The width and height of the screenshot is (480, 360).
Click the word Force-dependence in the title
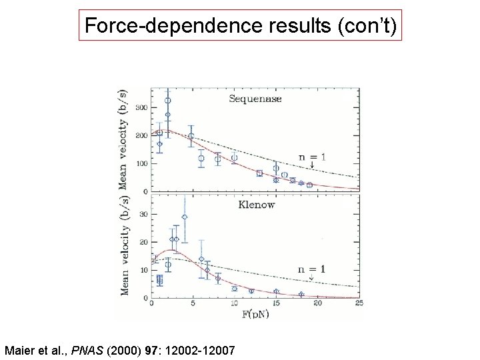[x=159, y=26]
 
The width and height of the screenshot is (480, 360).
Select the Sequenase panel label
[x=255, y=99]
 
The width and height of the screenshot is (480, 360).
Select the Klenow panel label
[x=256, y=205]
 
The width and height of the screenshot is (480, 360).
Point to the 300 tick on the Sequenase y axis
[x=141, y=107]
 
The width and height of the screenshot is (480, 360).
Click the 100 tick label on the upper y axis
[x=141, y=163]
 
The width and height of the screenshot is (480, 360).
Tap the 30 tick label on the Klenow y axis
[x=143, y=215]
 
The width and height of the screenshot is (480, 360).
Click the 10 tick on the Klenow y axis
[x=143, y=270]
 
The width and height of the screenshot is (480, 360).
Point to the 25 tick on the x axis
[x=359, y=304]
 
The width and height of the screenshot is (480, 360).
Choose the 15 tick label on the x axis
[x=276, y=304]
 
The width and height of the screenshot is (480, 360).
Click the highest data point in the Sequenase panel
[x=168, y=101]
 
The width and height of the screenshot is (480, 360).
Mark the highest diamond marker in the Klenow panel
[x=185, y=217]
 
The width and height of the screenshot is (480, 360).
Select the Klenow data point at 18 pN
[x=301, y=294]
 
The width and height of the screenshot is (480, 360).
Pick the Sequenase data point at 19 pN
[x=309, y=185]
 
